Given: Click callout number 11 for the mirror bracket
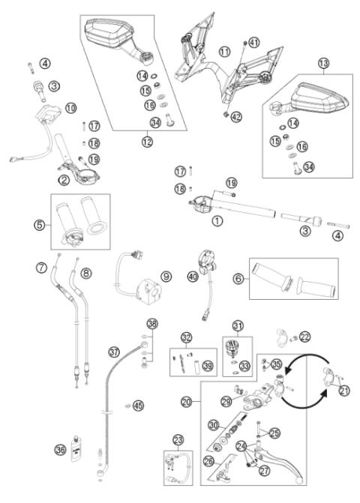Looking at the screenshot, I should coord(224,51).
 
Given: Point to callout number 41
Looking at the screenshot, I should coord(253,42).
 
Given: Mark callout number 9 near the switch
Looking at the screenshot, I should coord(166,276).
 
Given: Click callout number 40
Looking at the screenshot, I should coord(194,277).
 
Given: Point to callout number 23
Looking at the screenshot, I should coord(178,440).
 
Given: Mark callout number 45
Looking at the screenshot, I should coord(138,406).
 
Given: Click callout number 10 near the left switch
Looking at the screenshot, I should coord(70,109).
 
